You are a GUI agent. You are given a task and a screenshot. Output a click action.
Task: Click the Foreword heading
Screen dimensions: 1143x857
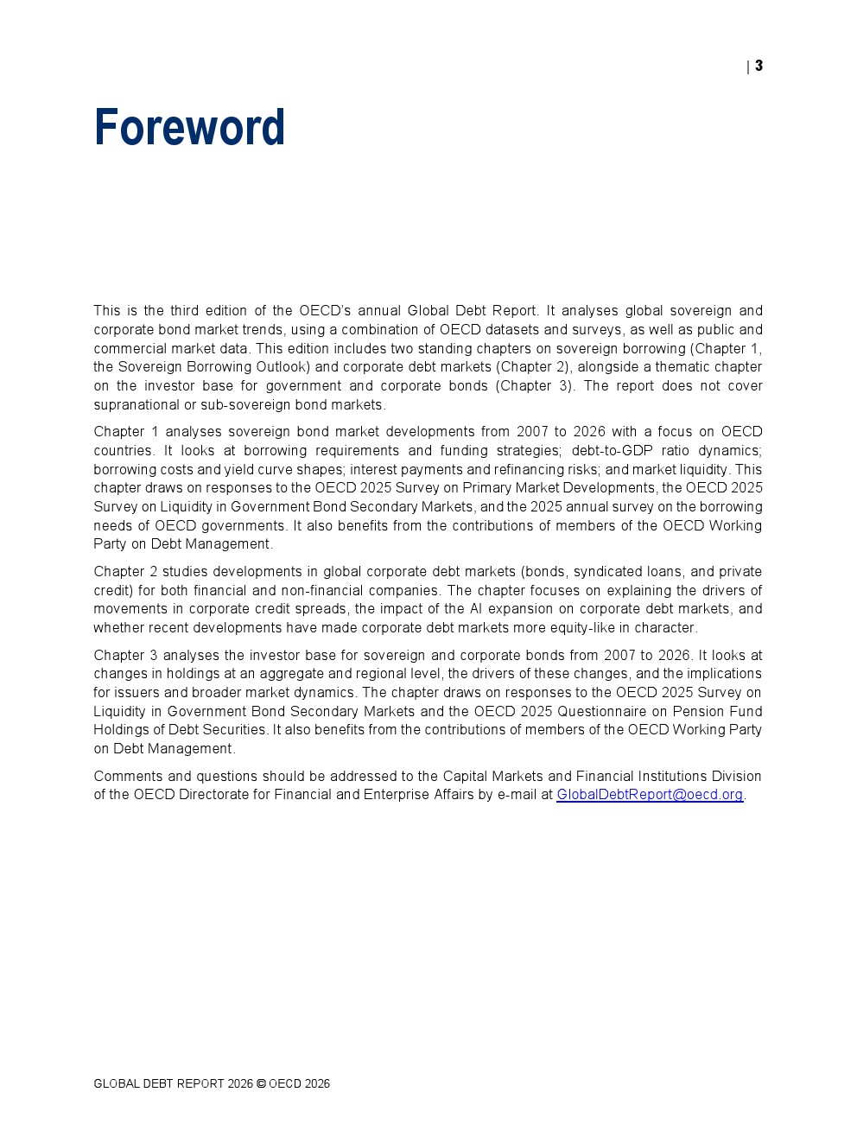pos(189,128)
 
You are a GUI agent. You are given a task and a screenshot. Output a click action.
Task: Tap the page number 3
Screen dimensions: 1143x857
pos(759,66)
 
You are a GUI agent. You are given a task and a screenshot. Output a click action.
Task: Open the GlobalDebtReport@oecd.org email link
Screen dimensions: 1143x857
pos(650,795)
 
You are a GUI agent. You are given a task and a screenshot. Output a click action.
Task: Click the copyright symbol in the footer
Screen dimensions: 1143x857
pos(261,1084)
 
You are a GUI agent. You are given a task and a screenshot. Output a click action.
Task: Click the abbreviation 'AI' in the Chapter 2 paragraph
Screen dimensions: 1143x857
pos(476,609)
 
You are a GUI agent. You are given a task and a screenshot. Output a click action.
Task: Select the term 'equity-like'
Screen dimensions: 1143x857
pos(579,628)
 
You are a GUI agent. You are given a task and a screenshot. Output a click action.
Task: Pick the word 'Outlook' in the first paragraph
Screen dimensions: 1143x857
pos(282,367)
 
